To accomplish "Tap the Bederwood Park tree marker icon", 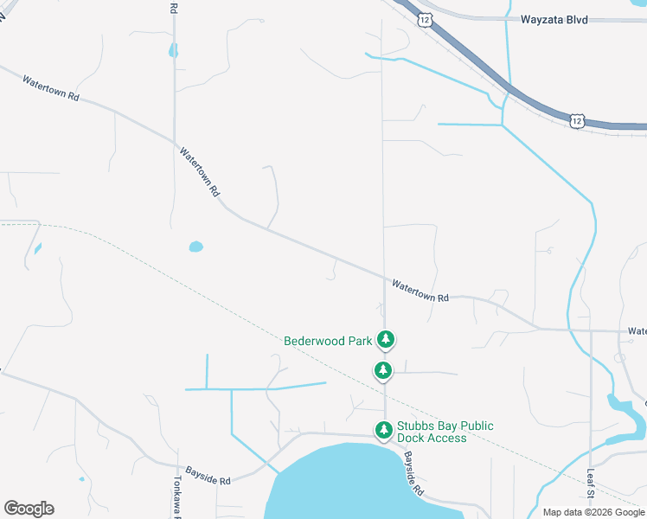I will click(387, 340).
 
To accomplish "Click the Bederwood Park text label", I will click(328, 341).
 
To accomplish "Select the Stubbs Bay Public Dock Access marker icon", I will click(383, 429).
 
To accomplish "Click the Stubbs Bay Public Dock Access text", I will click(445, 432).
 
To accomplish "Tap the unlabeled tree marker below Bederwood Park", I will click(382, 370).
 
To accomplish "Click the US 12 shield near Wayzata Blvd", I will click(424, 19).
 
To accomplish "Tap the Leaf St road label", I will click(591, 494).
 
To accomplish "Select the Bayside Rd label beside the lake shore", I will click(412, 474).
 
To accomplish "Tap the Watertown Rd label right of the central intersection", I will click(420, 290).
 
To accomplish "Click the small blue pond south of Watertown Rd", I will click(196, 247).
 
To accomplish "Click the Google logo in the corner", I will click(29, 509).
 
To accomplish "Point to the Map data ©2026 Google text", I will click(593, 512).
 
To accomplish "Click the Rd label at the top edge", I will click(173, 6).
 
